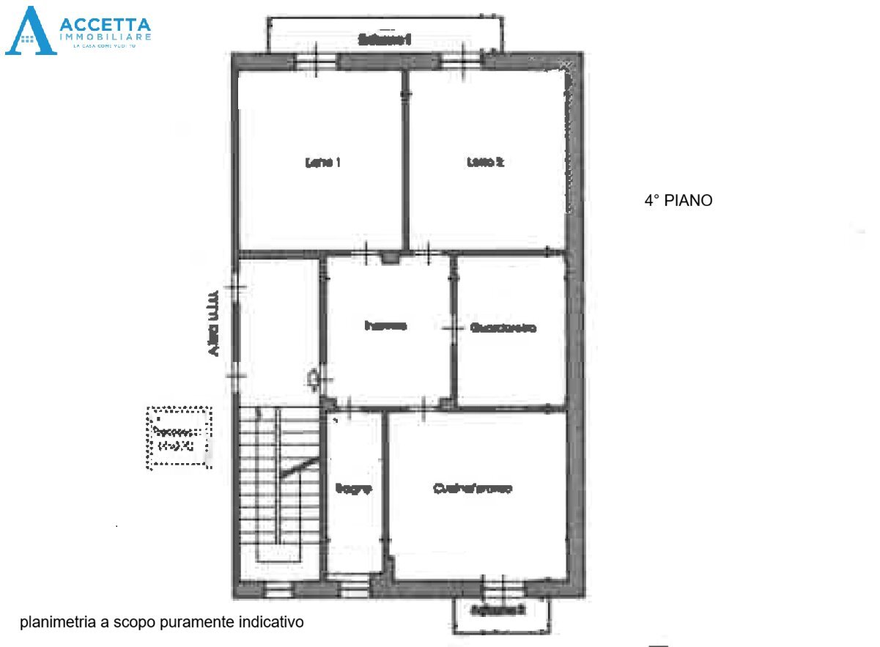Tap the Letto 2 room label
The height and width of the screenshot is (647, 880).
(485, 163)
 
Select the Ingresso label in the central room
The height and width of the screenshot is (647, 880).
(385, 326)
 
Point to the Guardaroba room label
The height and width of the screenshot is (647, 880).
(503, 328)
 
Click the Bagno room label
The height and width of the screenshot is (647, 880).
(354, 488)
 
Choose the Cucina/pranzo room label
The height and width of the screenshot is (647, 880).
(472, 488)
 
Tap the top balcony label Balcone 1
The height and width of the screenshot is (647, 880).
(384, 40)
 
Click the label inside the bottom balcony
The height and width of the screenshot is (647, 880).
(498, 609)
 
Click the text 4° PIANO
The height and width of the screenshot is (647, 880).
(678, 200)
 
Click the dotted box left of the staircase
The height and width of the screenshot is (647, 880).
(180, 437)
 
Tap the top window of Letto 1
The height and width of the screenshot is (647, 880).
(316, 60)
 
